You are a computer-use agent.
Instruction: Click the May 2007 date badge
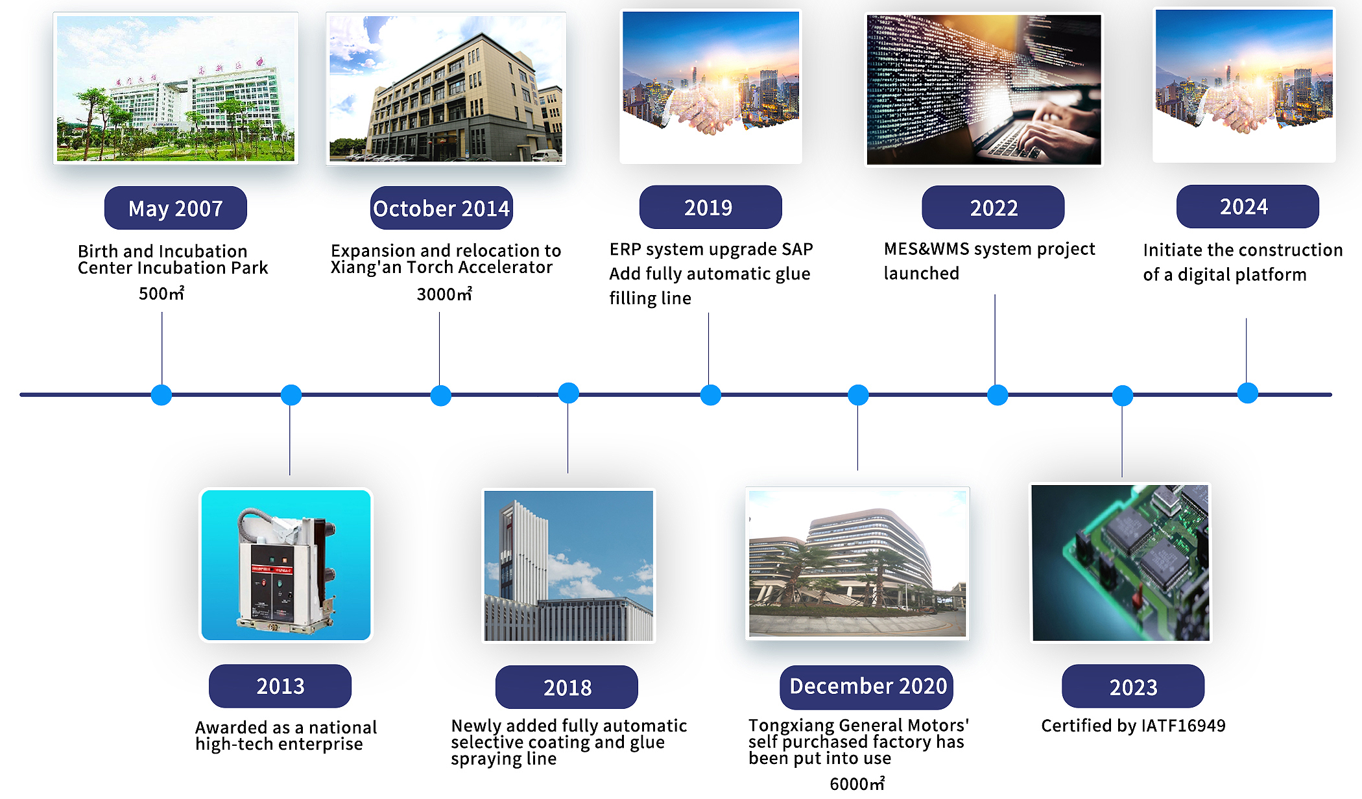pyautogui.click(x=175, y=208)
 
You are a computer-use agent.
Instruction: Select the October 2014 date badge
pyautogui.click(x=442, y=208)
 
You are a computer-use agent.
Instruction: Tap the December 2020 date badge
pyautogui.click(x=866, y=687)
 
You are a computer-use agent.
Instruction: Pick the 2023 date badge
pyautogui.click(x=1133, y=686)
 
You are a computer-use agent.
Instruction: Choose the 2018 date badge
pyautogui.click(x=567, y=687)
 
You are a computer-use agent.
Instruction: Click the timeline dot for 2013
pyautogui.click(x=291, y=395)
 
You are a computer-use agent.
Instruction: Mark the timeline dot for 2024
pyautogui.click(x=1247, y=393)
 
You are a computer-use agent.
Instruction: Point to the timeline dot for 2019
pyautogui.click(x=711, y=395)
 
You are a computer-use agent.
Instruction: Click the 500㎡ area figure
pyautogui.click(x=161, y=294)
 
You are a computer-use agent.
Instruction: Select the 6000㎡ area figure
pyautogui.click(x=857, y=783)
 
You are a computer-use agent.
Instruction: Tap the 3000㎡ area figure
pyautogui.click(x=444, y=294)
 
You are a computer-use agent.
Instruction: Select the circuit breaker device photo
pyautogui.click(x=286, y=565)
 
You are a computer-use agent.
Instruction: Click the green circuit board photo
pyautogui.click(x=1121, y=563)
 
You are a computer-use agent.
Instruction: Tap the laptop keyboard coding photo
pyautogui.click(x=984, y=89)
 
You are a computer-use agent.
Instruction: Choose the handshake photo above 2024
pyautogui.click(x=1244, y=85)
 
